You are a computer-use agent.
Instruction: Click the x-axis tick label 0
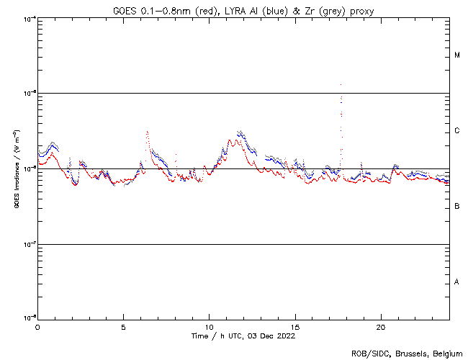click(37, 326)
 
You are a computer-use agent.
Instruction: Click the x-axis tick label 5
click(123, 326)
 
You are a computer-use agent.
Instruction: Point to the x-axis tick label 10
click(209, 326)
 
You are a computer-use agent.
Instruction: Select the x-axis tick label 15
click(295, 326)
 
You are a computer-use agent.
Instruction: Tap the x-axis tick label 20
click(381, 326)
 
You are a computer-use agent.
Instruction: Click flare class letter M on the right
click(457, 55)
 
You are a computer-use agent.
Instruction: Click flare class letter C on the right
click(457, 131)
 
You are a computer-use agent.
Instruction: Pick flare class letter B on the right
click(457, 207)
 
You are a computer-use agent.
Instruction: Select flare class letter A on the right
click(457, 282)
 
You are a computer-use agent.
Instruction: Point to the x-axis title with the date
click(243, 336)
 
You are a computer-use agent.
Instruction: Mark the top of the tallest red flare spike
click(341, 84)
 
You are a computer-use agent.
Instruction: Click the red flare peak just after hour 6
click(147, 132)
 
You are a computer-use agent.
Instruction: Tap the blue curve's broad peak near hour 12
click(239, 132)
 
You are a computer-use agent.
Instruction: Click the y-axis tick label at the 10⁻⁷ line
click(27, 243)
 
